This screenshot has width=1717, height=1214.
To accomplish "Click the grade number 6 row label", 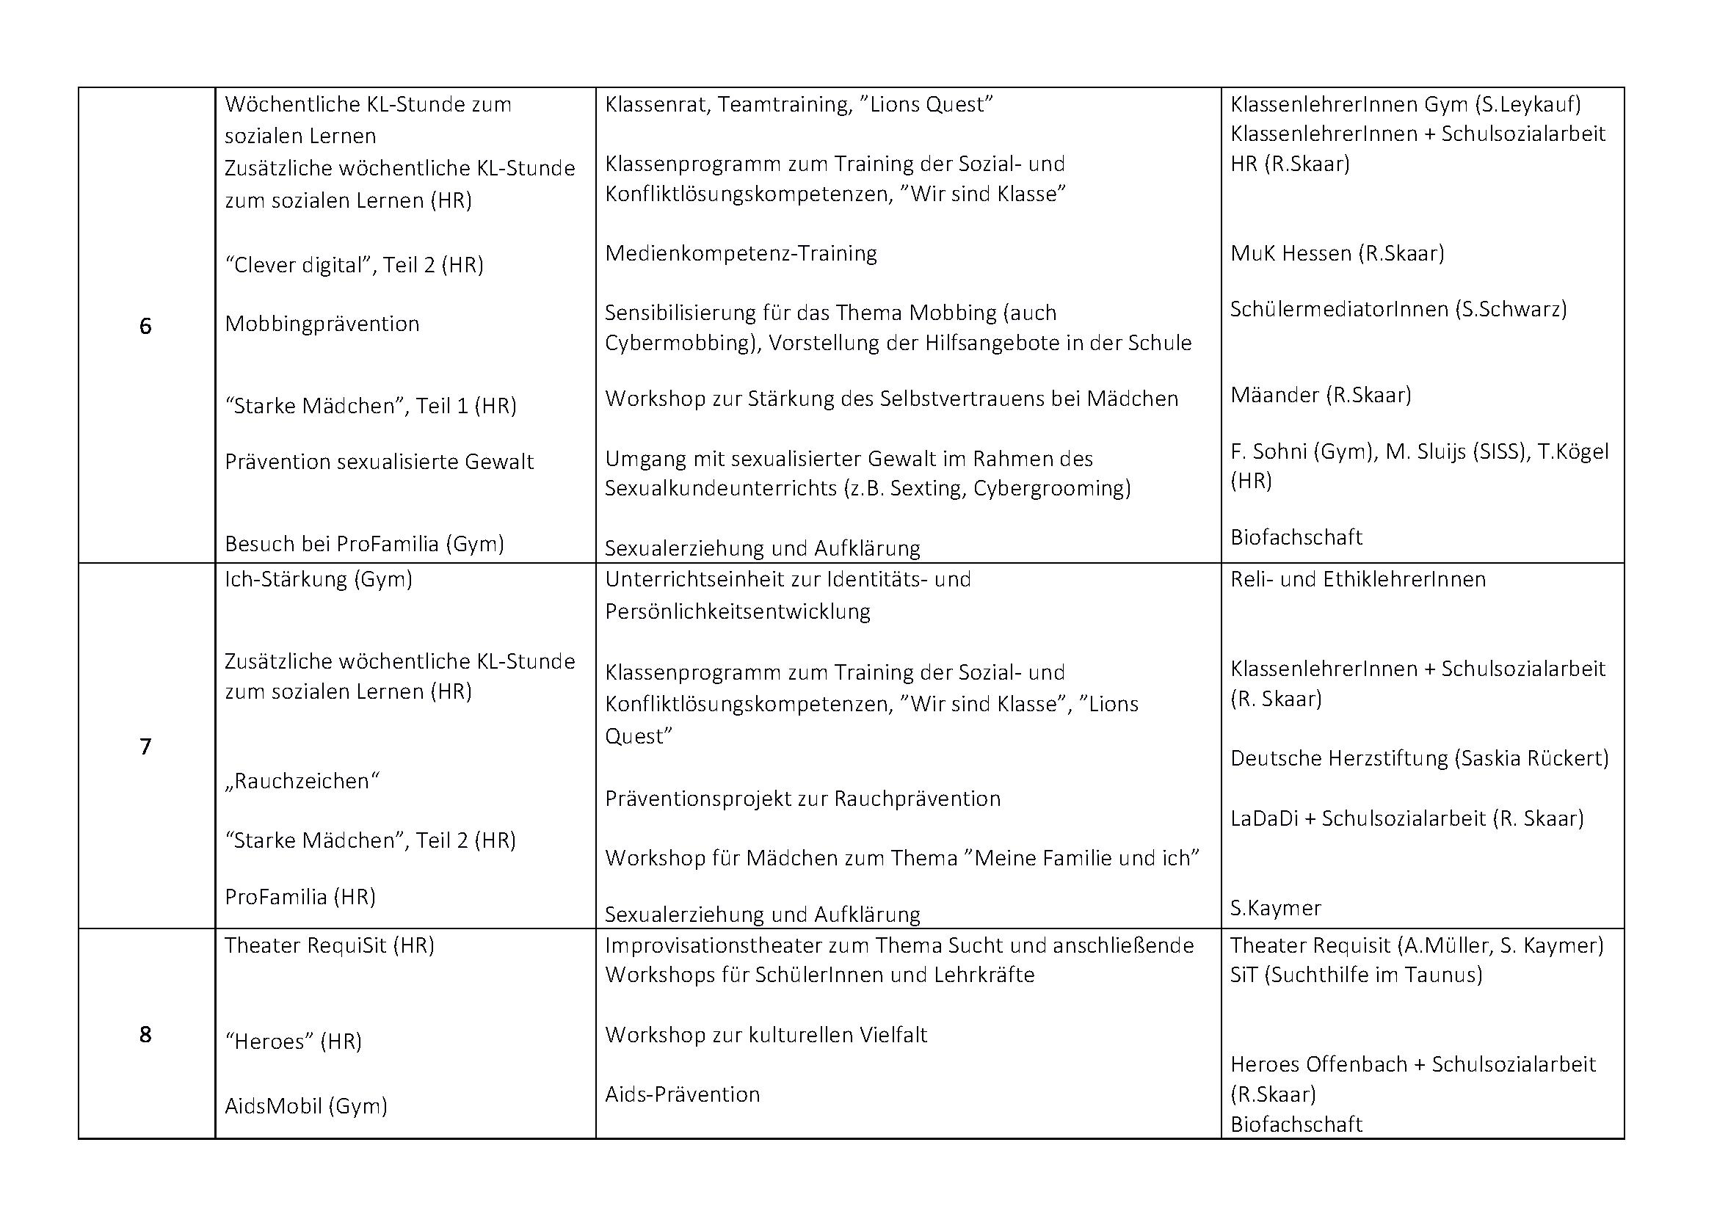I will tap(145, 326).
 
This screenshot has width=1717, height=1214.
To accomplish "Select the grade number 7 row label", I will tap(145, 746).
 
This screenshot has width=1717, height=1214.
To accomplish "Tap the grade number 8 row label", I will tap(145, 1034).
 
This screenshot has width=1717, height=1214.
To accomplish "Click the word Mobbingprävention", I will tap(322, 324).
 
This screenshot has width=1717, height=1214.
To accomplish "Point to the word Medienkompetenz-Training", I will tap(741, 253).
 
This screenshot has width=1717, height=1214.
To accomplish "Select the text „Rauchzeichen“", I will tap(302, 781).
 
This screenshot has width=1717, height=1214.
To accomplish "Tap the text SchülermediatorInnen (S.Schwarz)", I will tap(1398, 309).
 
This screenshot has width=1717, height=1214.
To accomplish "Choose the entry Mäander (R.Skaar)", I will tap(1320, 395).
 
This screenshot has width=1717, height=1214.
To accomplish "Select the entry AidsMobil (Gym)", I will tap(306, 1105).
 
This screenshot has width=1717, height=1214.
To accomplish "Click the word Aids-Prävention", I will tap(682, 1094).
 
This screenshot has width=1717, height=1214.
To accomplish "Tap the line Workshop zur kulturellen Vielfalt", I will tap(766, 1035).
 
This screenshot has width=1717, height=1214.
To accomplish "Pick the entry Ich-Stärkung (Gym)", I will tap(318, 579).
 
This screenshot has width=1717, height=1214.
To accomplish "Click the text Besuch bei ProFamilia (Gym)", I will tap(364, 543).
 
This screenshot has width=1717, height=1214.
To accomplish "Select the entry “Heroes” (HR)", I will tap(293, 1042).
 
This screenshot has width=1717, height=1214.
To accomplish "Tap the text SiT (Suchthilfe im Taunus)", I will tap(1356, 975).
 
